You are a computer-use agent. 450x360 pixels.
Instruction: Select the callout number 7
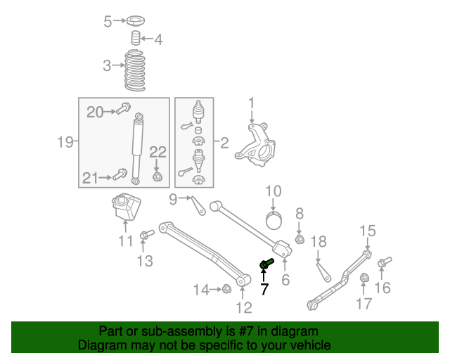point(264,289)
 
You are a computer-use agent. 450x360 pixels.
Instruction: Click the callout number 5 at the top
point(108,22)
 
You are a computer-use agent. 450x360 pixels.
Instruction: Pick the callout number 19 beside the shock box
point(65,143)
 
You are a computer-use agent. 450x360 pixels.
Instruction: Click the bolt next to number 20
point(124,108)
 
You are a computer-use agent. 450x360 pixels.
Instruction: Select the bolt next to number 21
point(121,174)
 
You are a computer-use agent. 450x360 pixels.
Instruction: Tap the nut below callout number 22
point(157,176)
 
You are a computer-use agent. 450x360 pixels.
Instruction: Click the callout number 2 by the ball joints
point(224,143)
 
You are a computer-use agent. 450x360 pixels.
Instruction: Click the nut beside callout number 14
point(226,288)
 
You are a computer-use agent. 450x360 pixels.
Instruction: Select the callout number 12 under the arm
point(243,307)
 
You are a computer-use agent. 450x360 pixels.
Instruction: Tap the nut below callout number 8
point(299,240)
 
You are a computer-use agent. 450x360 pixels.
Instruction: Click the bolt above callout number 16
point(383,264)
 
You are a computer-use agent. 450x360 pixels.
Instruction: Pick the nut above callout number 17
point(364,281)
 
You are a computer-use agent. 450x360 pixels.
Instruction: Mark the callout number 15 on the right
point(368,231)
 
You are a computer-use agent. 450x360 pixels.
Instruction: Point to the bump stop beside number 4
point(136,38)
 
